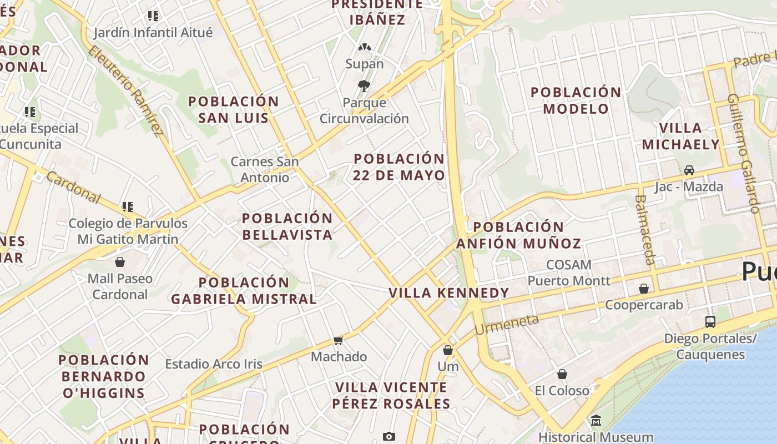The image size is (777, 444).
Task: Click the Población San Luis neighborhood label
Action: pyautogui.click(x=233, y=109)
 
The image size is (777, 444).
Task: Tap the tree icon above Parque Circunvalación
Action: pyautogui.click(x=364, y=86)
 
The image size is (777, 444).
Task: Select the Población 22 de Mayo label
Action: pyautogui.click(x=399, y=167)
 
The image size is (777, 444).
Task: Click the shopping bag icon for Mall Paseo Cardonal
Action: pyautogui.click(x=120, y=261)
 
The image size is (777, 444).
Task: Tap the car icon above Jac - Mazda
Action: pyautogui.click(x=689, y=170)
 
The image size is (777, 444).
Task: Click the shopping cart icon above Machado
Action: pyautogui.click(x=339, y=340)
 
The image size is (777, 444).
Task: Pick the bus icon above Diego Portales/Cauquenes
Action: pyautogui.click(x=710, y=321)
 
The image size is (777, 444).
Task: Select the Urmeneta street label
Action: pyautogui.click(x=507, y=324)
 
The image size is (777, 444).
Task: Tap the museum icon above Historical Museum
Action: pyautogui.click(x=596, y=420)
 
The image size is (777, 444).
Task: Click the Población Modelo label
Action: pyautogui.click(x=576, y=100)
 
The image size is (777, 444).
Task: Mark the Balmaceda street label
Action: pyautogui.click(x=645, y=229)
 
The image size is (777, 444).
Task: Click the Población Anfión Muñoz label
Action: pyautogui.click(x=518, y=235)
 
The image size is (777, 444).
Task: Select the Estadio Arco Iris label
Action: pyautogui.click(x=214, y=364)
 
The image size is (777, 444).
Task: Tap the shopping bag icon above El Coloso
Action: pyautogui.click(x=562, y=374)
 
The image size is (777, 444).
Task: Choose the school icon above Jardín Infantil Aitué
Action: pyautogui.click(x=153, y=16)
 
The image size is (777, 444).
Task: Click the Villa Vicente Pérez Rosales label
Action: pyautogui.click(x=391, y=395)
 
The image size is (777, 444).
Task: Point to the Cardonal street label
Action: pyautogui.click(x=73, y=187)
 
